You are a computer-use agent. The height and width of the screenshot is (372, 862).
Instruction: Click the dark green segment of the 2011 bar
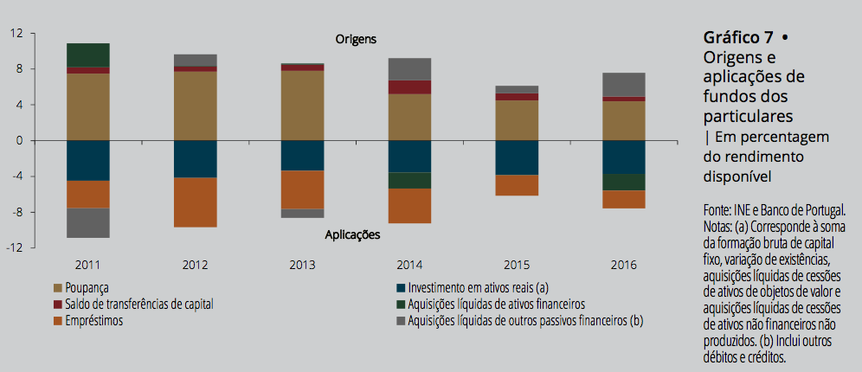point(88,55)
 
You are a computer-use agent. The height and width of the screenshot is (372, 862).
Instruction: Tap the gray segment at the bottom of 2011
point(88,222)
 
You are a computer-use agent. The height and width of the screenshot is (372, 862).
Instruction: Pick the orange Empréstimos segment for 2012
point(196,202)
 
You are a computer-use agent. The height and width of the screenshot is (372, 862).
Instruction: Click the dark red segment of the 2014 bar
point(409,87)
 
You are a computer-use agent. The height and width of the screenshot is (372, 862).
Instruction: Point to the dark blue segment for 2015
point(517,157)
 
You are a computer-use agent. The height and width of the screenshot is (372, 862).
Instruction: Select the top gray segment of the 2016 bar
point(624,84)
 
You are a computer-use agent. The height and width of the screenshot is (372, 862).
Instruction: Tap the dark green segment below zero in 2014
point(409,180)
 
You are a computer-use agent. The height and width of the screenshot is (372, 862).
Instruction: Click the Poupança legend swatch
point(58,288)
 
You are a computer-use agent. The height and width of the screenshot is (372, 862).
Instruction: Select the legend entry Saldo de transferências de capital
point(138,305)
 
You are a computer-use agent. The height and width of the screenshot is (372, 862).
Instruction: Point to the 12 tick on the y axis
point(16,33)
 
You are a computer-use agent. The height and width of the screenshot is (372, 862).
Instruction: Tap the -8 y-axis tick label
point(16,212)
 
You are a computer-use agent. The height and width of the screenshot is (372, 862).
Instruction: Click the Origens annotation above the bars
point(356,39)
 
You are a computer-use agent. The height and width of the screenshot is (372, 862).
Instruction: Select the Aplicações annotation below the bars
point(352,234)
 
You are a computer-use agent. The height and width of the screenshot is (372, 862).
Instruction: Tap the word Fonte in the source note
point(718,210)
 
